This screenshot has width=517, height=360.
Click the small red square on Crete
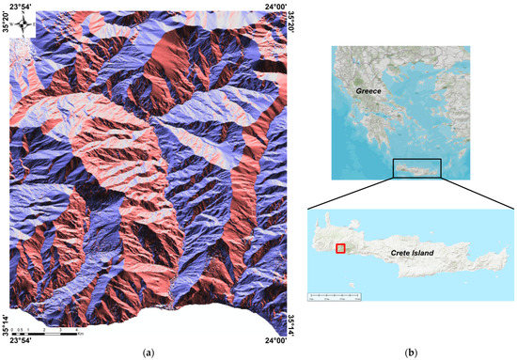341,248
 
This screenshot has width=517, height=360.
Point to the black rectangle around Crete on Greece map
417,168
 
